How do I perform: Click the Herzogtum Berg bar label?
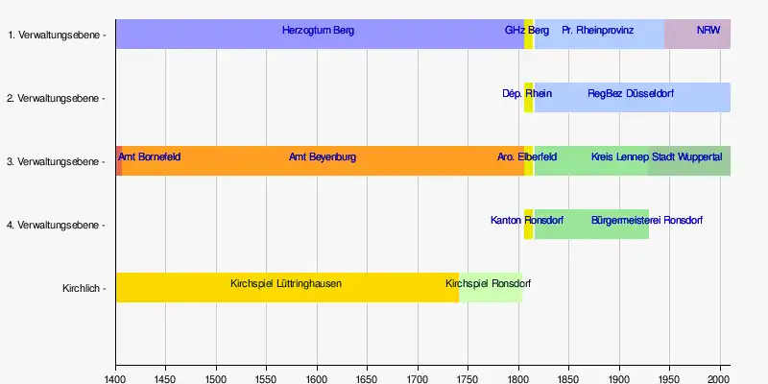[x=318, y=31]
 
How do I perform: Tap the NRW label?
[x=708, y=31]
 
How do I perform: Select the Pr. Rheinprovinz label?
[x=597, y=31]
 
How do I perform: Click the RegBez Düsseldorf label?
[x=631, y=94]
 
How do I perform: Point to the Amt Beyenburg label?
[x=323, y=156]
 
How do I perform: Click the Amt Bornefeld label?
[x=149, y=156]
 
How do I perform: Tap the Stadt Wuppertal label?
[x=687, y=156]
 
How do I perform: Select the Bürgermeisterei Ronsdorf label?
[x=648, y=221]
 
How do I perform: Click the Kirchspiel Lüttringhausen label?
[x=286, y=284]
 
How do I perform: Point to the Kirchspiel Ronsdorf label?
[x=489, y=284]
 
